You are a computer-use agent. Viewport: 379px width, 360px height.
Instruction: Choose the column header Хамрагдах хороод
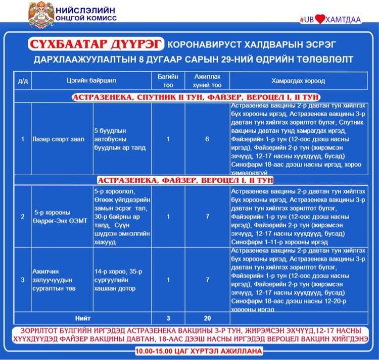point(298,80)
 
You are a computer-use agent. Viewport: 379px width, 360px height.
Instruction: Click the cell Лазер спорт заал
point(52,139)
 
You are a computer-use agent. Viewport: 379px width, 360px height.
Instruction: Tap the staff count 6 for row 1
point(207,139)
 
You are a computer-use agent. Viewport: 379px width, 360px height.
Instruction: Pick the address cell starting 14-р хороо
point(118,279)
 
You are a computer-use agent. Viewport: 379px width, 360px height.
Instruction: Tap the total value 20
point(207,318)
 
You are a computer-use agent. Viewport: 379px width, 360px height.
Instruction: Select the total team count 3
point(168,318)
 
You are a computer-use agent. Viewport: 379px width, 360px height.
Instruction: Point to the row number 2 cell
point(22,217)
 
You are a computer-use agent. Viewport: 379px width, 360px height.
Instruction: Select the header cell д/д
point(22,80)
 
